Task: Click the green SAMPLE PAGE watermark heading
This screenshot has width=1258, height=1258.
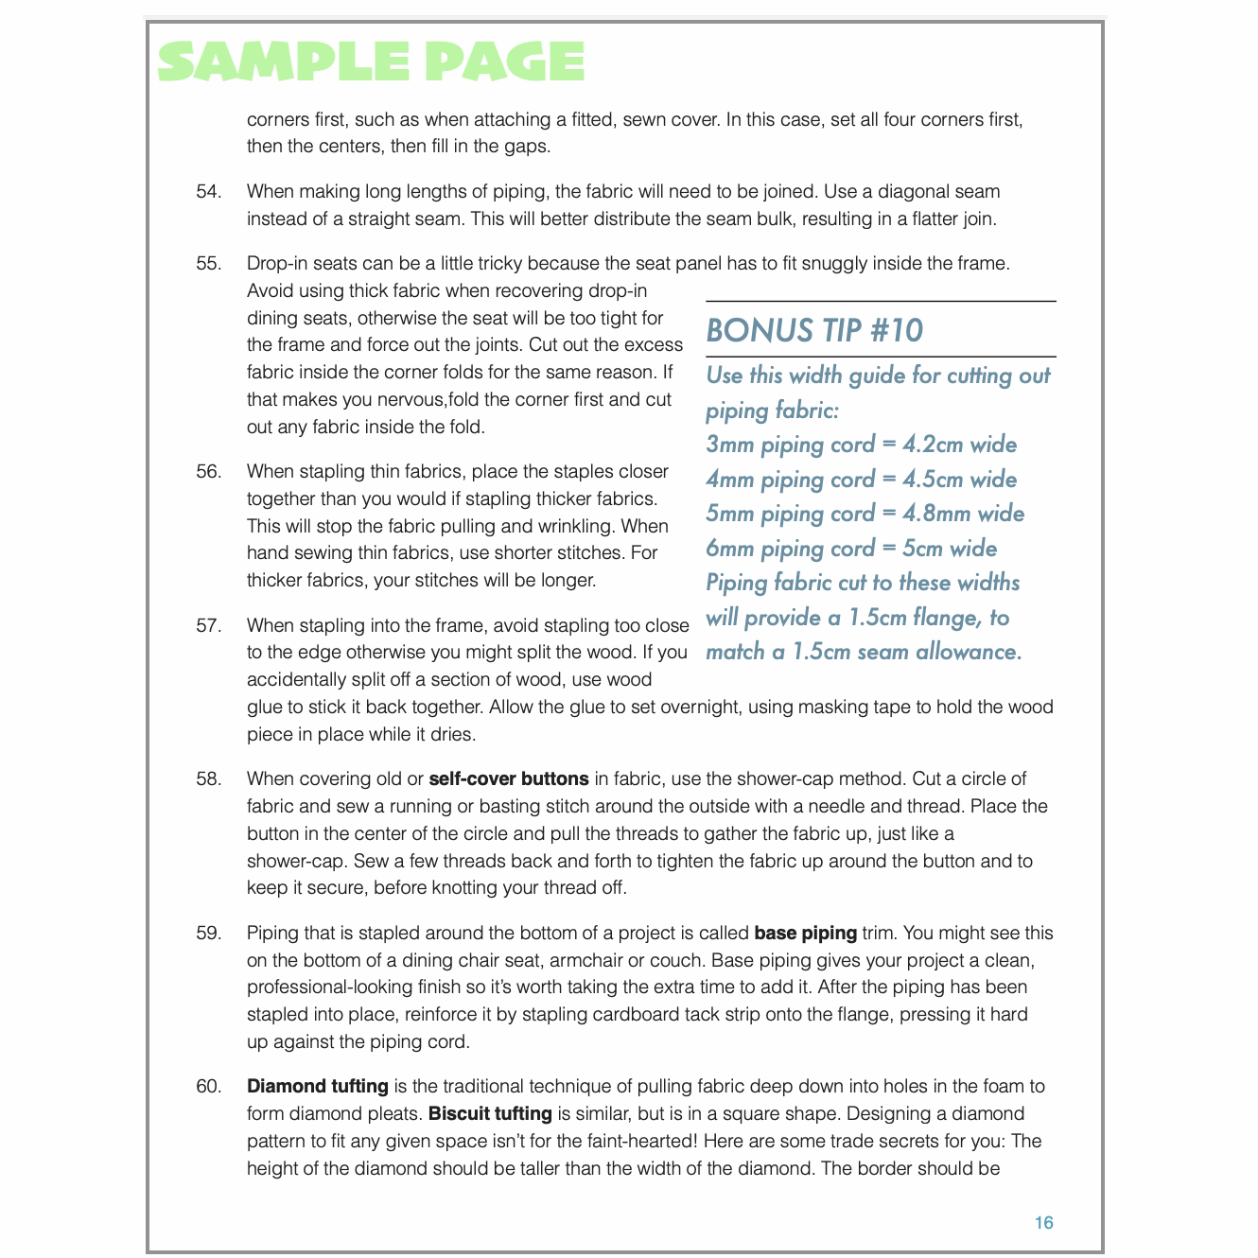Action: click(x=372, y=62)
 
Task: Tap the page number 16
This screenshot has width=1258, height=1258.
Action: click(x=1043, y=1222)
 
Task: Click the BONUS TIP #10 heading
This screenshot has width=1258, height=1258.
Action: click(x=814, y=330)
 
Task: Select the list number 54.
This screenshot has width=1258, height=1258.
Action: click(x=209, y=192)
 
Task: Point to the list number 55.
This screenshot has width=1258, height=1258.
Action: click(x=209, y=264)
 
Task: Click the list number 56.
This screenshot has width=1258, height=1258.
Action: click(x=209, y=472)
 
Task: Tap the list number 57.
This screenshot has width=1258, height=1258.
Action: click(x=209, y=625)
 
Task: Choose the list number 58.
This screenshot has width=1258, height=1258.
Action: click(x=209, y=779)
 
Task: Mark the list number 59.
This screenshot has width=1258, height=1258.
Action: click(x=209, y=934)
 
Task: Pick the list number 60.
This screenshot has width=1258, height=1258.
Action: click(x=209, y=1087)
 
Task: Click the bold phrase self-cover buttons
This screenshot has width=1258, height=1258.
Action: click(x=509, y=779)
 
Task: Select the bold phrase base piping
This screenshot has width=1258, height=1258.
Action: click(x=805, y=934)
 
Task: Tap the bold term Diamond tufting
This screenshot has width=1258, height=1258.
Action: click(x=318, y=1087)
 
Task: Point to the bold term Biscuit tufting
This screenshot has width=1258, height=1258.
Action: click(x=490, y=1114)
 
